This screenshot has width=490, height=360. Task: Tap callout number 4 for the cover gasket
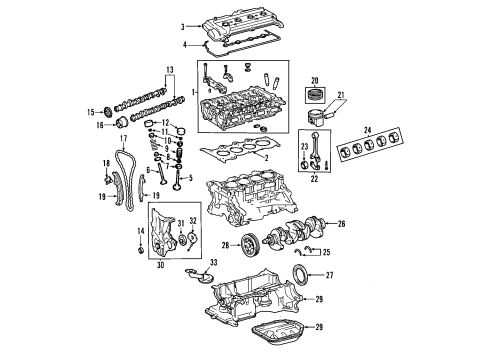[184, 44]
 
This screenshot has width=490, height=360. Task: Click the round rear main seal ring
[301, 275]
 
